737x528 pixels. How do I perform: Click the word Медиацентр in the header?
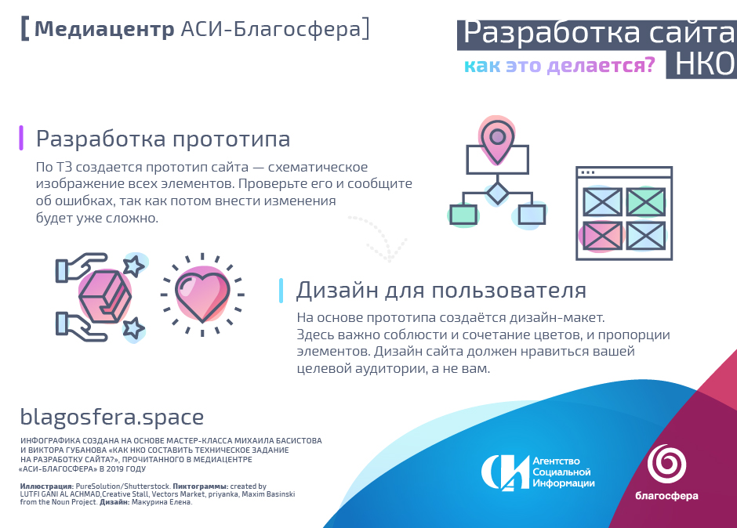click(x=104, y=29)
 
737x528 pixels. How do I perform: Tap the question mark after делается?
click(x=649, y=64)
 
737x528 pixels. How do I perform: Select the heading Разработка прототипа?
click(x=163, y=139)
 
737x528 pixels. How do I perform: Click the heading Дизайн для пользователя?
click(x=441, y=291)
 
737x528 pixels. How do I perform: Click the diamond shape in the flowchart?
click(x=497, y=193)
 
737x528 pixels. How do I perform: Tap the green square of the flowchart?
click(x=463, y=215)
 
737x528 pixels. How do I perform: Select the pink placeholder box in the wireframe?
click(x=603, y=237)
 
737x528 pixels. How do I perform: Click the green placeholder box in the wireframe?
click(x=646, y=202)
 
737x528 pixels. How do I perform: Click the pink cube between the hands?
click(x=104, y=296)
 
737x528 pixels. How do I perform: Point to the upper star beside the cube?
click(x=134, y=266)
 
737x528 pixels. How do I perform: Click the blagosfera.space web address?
click(x=112, y=417)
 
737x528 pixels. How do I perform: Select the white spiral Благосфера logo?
click(x=666, y=464)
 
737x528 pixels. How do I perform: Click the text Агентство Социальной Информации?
click(x=563, y=472)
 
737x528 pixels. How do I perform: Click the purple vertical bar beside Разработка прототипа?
click(x=21, y=138)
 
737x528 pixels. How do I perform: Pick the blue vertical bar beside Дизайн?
click(x=281, y=291)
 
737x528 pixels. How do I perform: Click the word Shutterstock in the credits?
click(x=146, y=486)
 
